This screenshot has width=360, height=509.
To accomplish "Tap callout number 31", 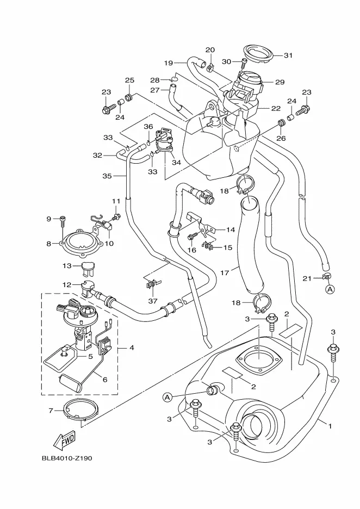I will [x=288, y=55].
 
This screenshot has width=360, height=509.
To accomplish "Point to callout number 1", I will [x=329, y=426].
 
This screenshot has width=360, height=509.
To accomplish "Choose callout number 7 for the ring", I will [x=51, y=411].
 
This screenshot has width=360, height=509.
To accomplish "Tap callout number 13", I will [x=67, y=266].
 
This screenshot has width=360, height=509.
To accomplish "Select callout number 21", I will [x=306, y=278].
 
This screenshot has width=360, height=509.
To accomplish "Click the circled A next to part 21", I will [x=330, y=290].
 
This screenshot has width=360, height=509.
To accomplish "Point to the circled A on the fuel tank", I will [x=166, y=398].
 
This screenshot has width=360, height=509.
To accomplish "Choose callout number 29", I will [x=280, y=82].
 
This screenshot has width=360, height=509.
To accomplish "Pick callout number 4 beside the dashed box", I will [x=131, y=347].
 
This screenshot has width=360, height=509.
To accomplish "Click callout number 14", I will [x=231, y=229].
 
